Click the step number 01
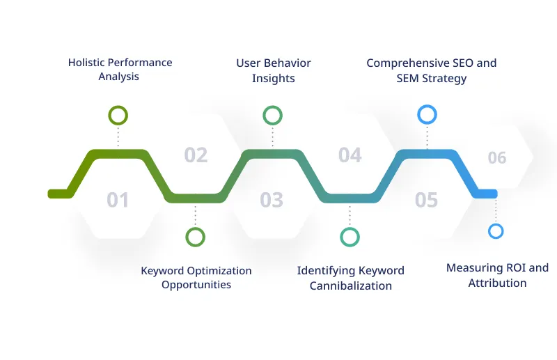[x=118, y=201]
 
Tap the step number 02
[x=196, y=155]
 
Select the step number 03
[x=272, y=201]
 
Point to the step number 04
[x=350, y=155]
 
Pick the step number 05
[x=426, y=201]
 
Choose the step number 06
[x=496, y=158]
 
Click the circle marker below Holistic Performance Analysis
[x=118, y=116]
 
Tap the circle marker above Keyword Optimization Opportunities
[x=196, y=237]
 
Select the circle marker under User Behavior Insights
[x=272, y=116]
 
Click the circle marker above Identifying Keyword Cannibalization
[x=350, y=237]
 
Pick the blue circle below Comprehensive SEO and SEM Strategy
[x=426, y=115]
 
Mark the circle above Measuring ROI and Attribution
[x=496, y=231]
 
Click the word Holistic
[x=86, y=63]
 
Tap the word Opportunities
[x=196, y=285]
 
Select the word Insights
[x=273, y=79]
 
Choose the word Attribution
[x=497, y=283]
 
